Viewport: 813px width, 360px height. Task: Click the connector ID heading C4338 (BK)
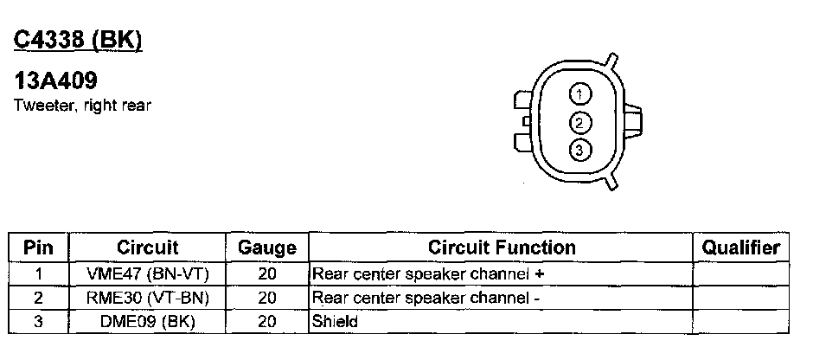click(78, 40)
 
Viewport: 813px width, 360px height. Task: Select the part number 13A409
click(55, 81)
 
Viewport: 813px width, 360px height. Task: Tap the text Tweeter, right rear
click(83, 106)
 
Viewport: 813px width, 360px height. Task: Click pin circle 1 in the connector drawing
click(580, 93)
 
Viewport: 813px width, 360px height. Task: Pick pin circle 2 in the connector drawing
click(580, 122)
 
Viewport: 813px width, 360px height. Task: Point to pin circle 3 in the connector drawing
click(580, 151)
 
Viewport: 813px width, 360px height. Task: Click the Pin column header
click(38, 247)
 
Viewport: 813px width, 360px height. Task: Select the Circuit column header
click(147, 247)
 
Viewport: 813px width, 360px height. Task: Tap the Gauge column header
click(266, 247)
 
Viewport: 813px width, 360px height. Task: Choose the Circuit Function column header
click(502, 247)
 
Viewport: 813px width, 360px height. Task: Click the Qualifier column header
click(740, 247)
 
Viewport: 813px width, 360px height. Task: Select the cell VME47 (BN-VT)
click(147, 274)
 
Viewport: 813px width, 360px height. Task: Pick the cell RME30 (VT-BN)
click(147, 298)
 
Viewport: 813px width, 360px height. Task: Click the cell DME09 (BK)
click(147, 321)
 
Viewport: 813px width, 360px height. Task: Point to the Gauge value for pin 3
click(266, 321)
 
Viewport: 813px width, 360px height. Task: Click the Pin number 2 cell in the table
click(38, 298)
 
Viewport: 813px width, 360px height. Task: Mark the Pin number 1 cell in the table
click(38, 274)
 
